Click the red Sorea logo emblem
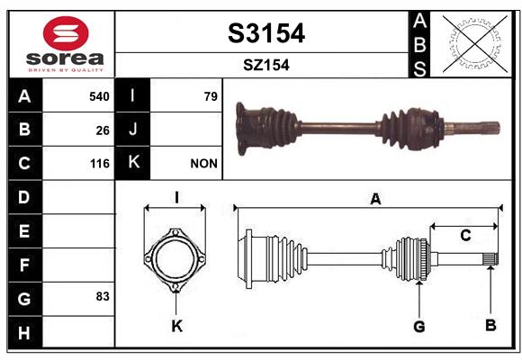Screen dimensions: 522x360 [66, 33]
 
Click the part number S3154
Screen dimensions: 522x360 [266, 33]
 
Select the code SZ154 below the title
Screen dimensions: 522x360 [266, 65]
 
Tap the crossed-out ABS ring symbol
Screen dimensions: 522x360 [475, 44]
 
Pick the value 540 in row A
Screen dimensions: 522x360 [99, 96]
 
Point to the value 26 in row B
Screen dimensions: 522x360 [103, 130]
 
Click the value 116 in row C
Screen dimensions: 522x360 [100, 164]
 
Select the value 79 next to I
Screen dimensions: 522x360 [211, 96]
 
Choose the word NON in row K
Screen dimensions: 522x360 [203, 164]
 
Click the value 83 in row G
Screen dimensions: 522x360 [103, 296]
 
